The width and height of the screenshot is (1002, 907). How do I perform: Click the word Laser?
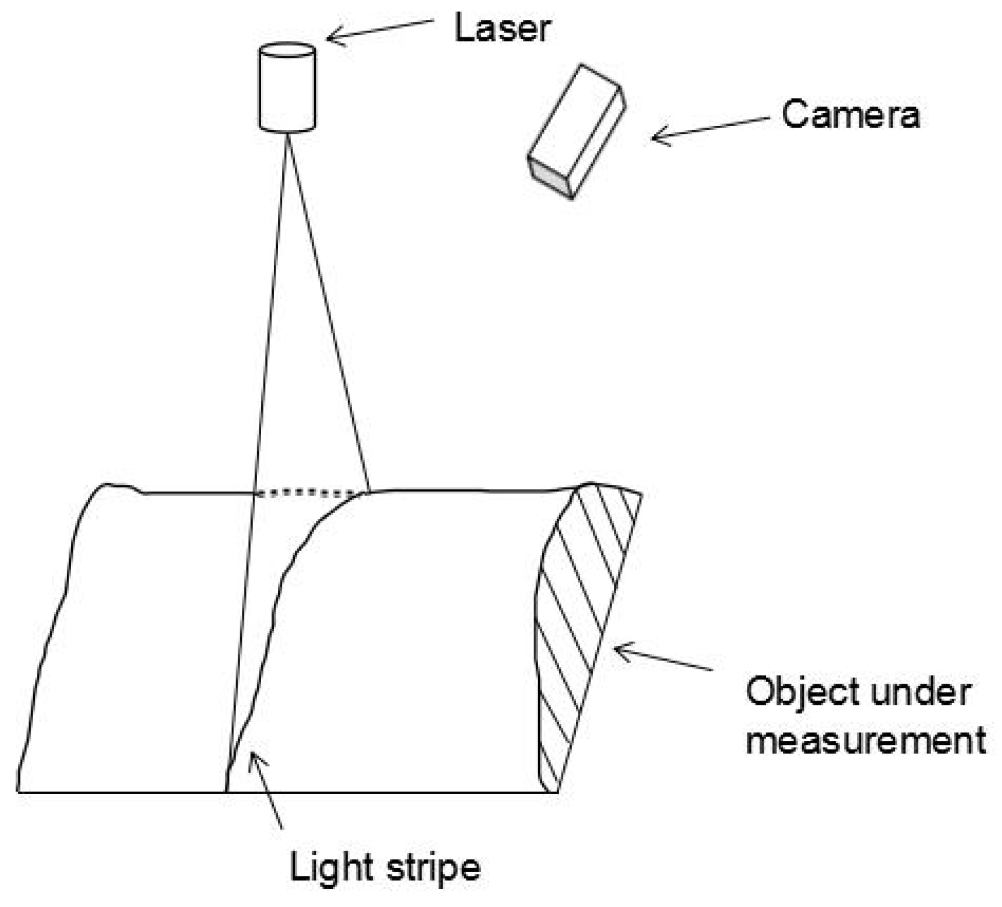pos(502,29)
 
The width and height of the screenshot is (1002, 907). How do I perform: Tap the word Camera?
pos(850,114)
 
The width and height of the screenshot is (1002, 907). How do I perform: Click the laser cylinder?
pos(287,87)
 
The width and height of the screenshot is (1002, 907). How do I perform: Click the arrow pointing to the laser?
pos(379,30)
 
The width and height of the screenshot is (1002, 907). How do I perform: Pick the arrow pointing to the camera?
pos(710,128)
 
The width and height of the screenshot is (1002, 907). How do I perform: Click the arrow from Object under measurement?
pos(662,657)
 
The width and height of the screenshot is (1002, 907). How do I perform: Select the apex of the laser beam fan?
pos(288,134)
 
